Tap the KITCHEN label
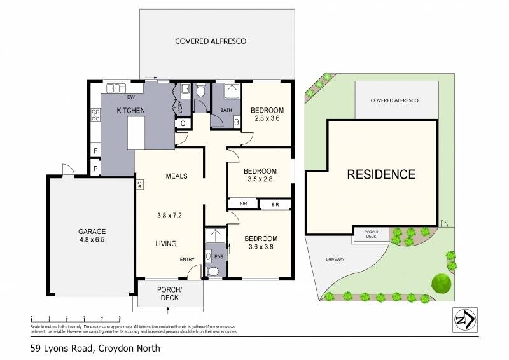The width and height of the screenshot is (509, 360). pyautogui.click(x=130, y=111)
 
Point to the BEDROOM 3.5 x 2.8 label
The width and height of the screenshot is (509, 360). pyautogui.click(x=260, y=175)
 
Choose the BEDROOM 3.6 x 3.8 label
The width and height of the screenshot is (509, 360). pyautogui.click(x=260, y=243)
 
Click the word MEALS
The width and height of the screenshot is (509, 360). pyautogui.click(x=176, y=176)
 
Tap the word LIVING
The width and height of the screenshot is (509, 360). pyautogui.click(x=166, y=244)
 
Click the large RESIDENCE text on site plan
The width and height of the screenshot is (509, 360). pyautogui.click(x=381, y=174)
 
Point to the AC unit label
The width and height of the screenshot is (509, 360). pyautogui.click(x=139, y=184)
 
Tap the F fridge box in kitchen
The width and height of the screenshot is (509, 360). pyautogui.click(x=95, y=151)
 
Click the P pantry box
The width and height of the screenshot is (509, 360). pyautogui.click(x=95, y=169)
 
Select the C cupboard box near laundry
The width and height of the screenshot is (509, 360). pyautogui.click(x=183, y=123)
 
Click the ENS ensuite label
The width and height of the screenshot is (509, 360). pyautogui.click(x=220, y=256)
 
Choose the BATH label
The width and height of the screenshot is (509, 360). pyautogui.click(x=226, y=110)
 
